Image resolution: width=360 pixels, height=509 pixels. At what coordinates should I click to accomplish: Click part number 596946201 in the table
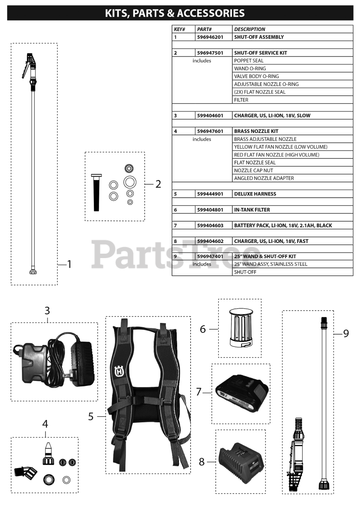click(x=210, y=37)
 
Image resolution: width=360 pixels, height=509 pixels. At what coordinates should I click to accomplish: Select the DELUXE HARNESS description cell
click(x=255, y=194)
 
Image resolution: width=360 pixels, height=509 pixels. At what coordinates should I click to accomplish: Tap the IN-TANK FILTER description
click(x=252, y=210)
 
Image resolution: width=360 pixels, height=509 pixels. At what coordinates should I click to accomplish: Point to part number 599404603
click(x=210, y=225)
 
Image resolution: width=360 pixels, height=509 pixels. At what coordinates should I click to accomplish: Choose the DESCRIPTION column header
click(x=249, y=29)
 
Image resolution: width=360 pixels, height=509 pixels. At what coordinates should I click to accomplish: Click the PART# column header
click(x=204, y=29)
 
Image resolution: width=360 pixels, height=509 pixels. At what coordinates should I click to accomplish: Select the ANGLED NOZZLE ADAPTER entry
click(x=264, y=178)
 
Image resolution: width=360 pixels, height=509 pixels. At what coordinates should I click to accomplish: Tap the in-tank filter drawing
click(x=241, y=328)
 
